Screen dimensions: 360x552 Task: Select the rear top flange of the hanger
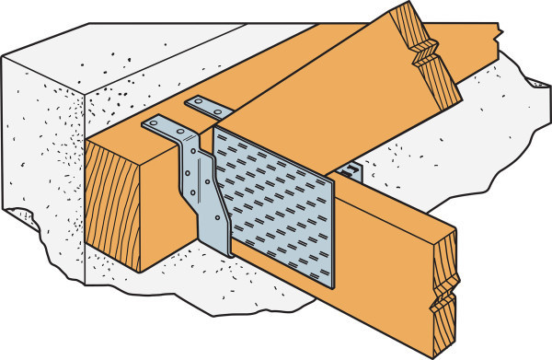(x=208, y=105)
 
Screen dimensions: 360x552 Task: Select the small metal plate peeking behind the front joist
(x=351, y=171)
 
